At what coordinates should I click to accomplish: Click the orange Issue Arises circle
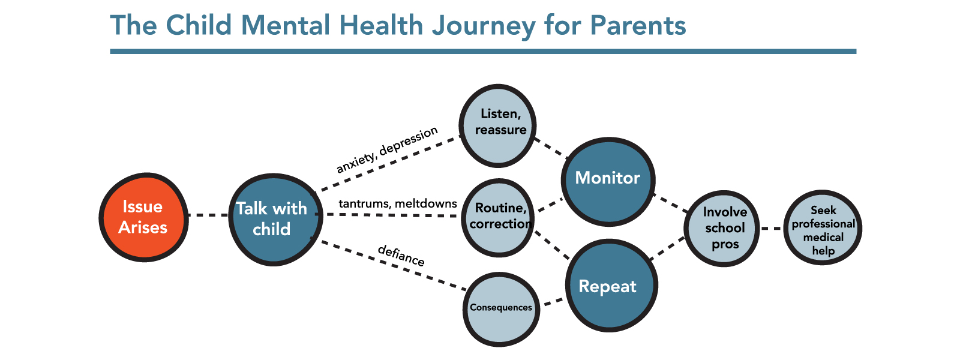coord(143,217)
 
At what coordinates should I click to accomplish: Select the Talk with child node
coord(274,219)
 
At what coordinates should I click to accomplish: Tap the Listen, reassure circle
coord(497,125)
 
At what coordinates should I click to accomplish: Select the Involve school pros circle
coord(722,228)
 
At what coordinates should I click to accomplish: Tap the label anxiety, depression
coord(387,150)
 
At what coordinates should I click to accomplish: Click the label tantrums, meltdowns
coord(397,204)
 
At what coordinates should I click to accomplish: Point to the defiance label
coord(401,256)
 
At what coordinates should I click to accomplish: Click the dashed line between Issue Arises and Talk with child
coord(208,215)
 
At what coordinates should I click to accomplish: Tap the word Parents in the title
coord(637,26)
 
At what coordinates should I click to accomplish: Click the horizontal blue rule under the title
coord(483,52)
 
